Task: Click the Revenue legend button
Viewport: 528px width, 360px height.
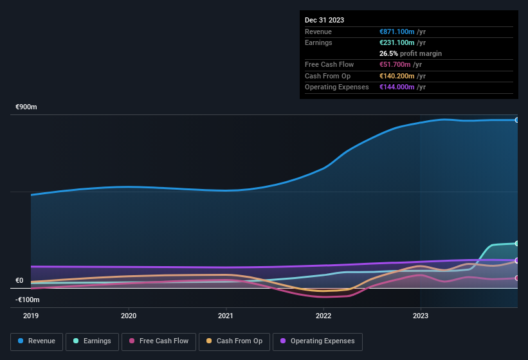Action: pyautogui.click(x=37, y=341)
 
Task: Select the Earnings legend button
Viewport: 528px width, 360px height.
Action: pyautogui.click(x=93, y=341)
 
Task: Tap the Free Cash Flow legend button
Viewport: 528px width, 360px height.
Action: pyautogui.click(x=159, y=341)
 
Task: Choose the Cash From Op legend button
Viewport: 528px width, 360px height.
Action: pyautogui.click(x=234, y=341)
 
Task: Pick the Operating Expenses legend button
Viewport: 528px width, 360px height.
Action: pyautogui.click(x=318, y=341)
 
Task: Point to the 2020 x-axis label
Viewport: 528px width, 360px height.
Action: pyautogui.click(x=129, y=316)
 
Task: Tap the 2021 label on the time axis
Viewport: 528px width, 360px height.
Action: pyautogui.click(x=226, y=316)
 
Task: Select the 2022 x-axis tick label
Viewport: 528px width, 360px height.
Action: pyautogui.click(x=323, y=316)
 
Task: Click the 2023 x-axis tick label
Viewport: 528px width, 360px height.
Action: pyautogui.click(x=420, y=316)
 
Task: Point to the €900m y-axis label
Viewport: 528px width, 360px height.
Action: pyautogui.click(x=26, y=107)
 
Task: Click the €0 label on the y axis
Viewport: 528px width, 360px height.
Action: pyautogui.click(x=19, y=280)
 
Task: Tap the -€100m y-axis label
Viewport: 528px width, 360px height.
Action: pyautogui.click(x=28, y=300)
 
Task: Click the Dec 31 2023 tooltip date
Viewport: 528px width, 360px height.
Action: pyautogui.click(x=324, y=20)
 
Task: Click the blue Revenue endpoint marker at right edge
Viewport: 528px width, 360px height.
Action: pyautogui.click(x=516, y=120)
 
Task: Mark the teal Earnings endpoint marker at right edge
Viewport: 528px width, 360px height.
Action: pyautogui.click(x=516, y=243)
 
